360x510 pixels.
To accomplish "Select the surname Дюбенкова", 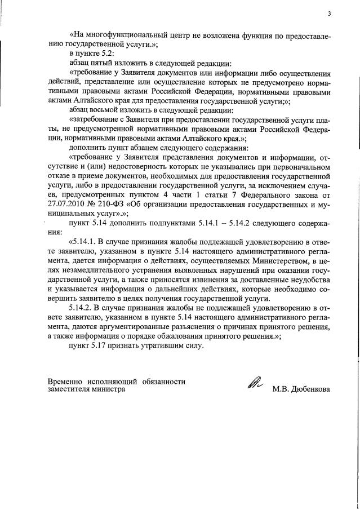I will coord(308,389).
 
